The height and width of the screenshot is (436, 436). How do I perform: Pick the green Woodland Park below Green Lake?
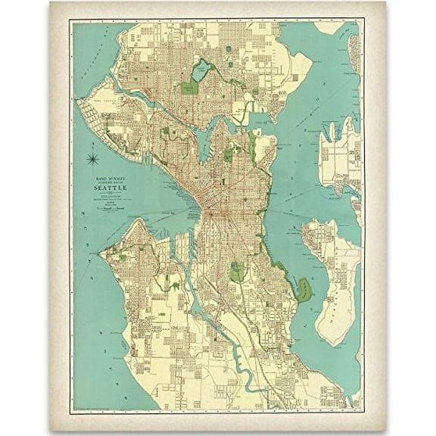189,87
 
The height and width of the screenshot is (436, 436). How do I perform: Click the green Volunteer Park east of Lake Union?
228,154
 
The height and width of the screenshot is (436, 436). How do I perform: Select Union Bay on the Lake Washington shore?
257,121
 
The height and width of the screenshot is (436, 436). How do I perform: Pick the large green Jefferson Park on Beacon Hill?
238,271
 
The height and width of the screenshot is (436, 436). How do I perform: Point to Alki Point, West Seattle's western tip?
104,249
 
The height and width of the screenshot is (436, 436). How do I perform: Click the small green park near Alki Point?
123,257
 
